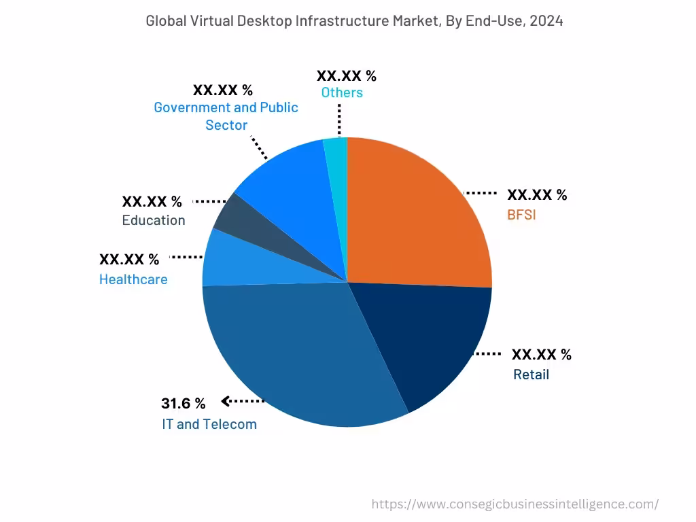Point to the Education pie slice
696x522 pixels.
point(234,217)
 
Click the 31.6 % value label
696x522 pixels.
point(183,404)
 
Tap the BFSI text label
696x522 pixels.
point(521,215)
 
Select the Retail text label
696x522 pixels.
point(531,375)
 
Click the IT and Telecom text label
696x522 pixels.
point(209,425)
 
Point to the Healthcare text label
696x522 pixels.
point(133,279)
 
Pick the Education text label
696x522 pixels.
point(154,220)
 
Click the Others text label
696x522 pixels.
point(342,92)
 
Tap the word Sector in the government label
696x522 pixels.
point(226,125)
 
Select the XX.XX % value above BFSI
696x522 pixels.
point(537,195)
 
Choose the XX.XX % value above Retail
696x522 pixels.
point(541,355)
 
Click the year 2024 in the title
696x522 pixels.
point(546,21)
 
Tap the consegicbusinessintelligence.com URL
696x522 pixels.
point(515,504)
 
